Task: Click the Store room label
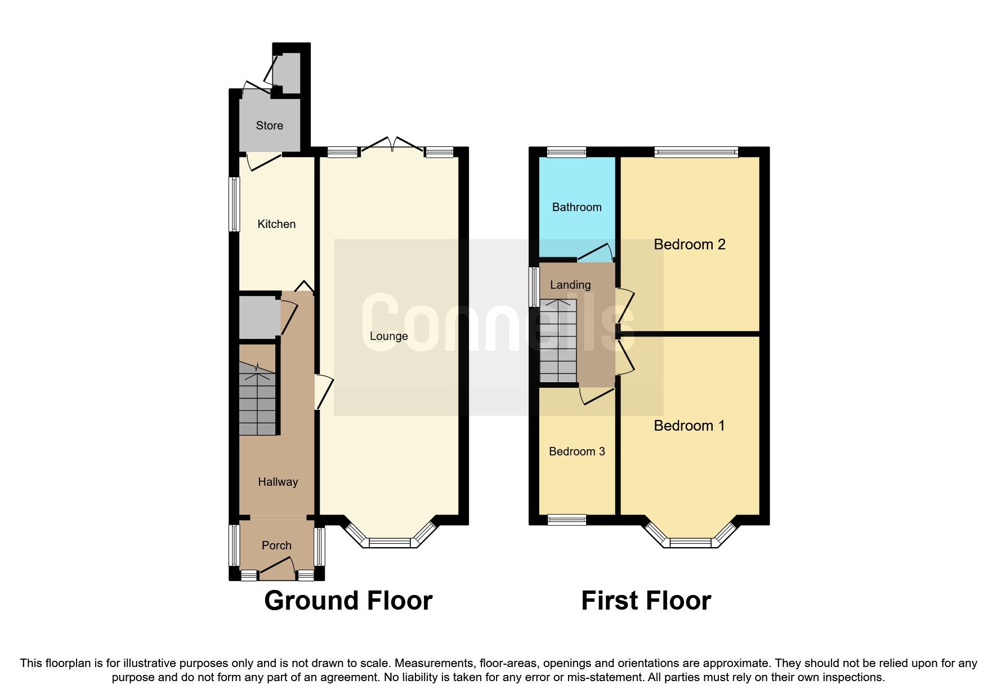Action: [269, 126]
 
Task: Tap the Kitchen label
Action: [276, 224]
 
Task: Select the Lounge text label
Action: [388, 336]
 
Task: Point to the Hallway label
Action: [278, 482]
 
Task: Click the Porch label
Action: [276, 545]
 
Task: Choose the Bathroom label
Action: [576, 207]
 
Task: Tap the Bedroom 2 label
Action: [689, 244]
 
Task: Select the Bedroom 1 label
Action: [689, 426]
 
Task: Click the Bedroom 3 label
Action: [576, 451]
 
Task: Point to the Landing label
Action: [570, 285]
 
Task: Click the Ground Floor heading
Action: [348, 601]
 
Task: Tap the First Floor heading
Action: [646, 601]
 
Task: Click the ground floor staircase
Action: [257, 400]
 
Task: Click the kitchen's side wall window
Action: [234, 204]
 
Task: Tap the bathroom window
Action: [566, 151]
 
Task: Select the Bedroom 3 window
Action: [566, 520]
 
